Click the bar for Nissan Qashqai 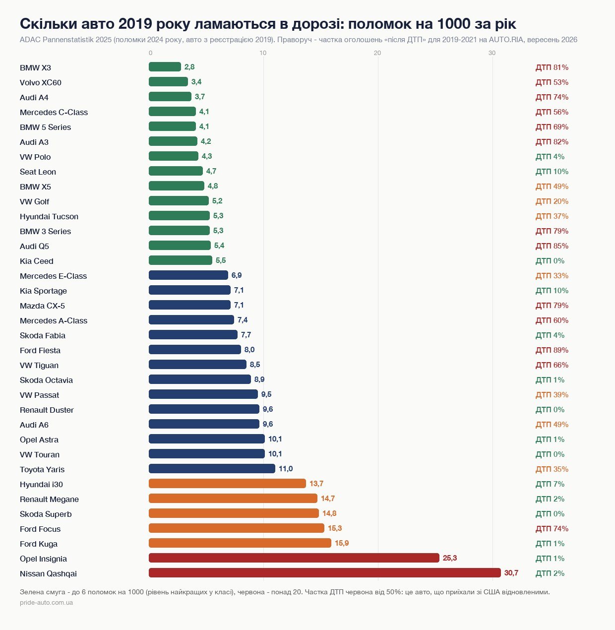click(x=325, y=572)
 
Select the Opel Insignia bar click(x=294, y=558)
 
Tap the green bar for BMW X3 click(x=165, y=66)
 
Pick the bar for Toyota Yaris click(x=212, y=468)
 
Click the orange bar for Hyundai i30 click(x=227, y=483)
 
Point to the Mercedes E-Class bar click(x=188, y=275)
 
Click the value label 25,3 click(x=450, y=558)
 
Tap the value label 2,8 click(x=189, y=66)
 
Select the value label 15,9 click(x=342, y=543)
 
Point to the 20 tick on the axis click(x=377, y=53)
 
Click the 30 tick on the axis click(x=492, y=53)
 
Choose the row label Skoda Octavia click(x=46, y=380)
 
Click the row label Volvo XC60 click(x=41, y=82)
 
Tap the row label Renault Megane click(x=49, y=499)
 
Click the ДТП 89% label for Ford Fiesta click(x=552, y=350)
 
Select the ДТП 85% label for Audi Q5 click(x=552, y=246)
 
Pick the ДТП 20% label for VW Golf click(x=552, y=201)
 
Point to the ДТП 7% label click(x=550, y=484)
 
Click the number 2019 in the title click(x=135, y=24)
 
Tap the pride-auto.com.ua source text click(x=46, y=603)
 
